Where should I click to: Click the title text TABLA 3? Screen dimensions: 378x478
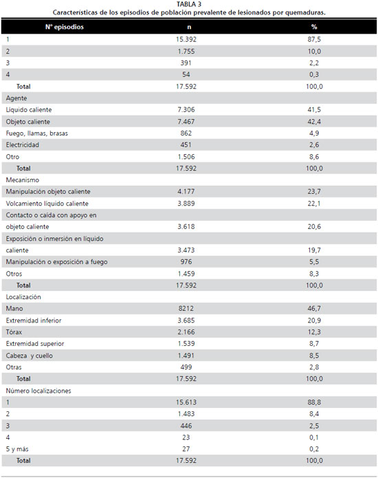coord(189,4)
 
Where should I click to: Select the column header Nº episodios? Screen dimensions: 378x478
coord(65,27)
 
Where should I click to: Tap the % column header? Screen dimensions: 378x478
coord(314,27)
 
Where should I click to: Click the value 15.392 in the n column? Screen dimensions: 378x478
coord(186,39)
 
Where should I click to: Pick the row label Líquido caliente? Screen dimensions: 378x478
coord(29,110)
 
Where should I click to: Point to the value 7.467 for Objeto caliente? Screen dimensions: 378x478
coord(186,122)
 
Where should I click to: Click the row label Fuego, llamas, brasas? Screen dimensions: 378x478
coord(37,133)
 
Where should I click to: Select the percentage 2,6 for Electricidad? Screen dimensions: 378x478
coord(314,145)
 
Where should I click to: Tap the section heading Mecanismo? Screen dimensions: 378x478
coord(23,180)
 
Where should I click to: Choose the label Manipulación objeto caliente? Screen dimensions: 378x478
coord(48,192)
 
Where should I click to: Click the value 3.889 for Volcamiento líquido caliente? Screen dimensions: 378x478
coord(186,204)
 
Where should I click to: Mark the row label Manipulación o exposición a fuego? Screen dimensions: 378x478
coord(56,262)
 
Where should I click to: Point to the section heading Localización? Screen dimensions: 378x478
coord(23,297)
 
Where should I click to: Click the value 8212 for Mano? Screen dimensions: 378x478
coord(186,309)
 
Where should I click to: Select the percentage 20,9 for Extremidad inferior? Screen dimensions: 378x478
coord(314,321)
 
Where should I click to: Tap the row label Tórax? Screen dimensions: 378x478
coord(14,332)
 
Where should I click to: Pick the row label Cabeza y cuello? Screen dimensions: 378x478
coord(30,356)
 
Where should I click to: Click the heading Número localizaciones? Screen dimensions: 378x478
coord(38,391)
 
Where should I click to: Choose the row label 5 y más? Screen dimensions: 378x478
coord(17,449)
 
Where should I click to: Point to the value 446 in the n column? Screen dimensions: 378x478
coord(186,426)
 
